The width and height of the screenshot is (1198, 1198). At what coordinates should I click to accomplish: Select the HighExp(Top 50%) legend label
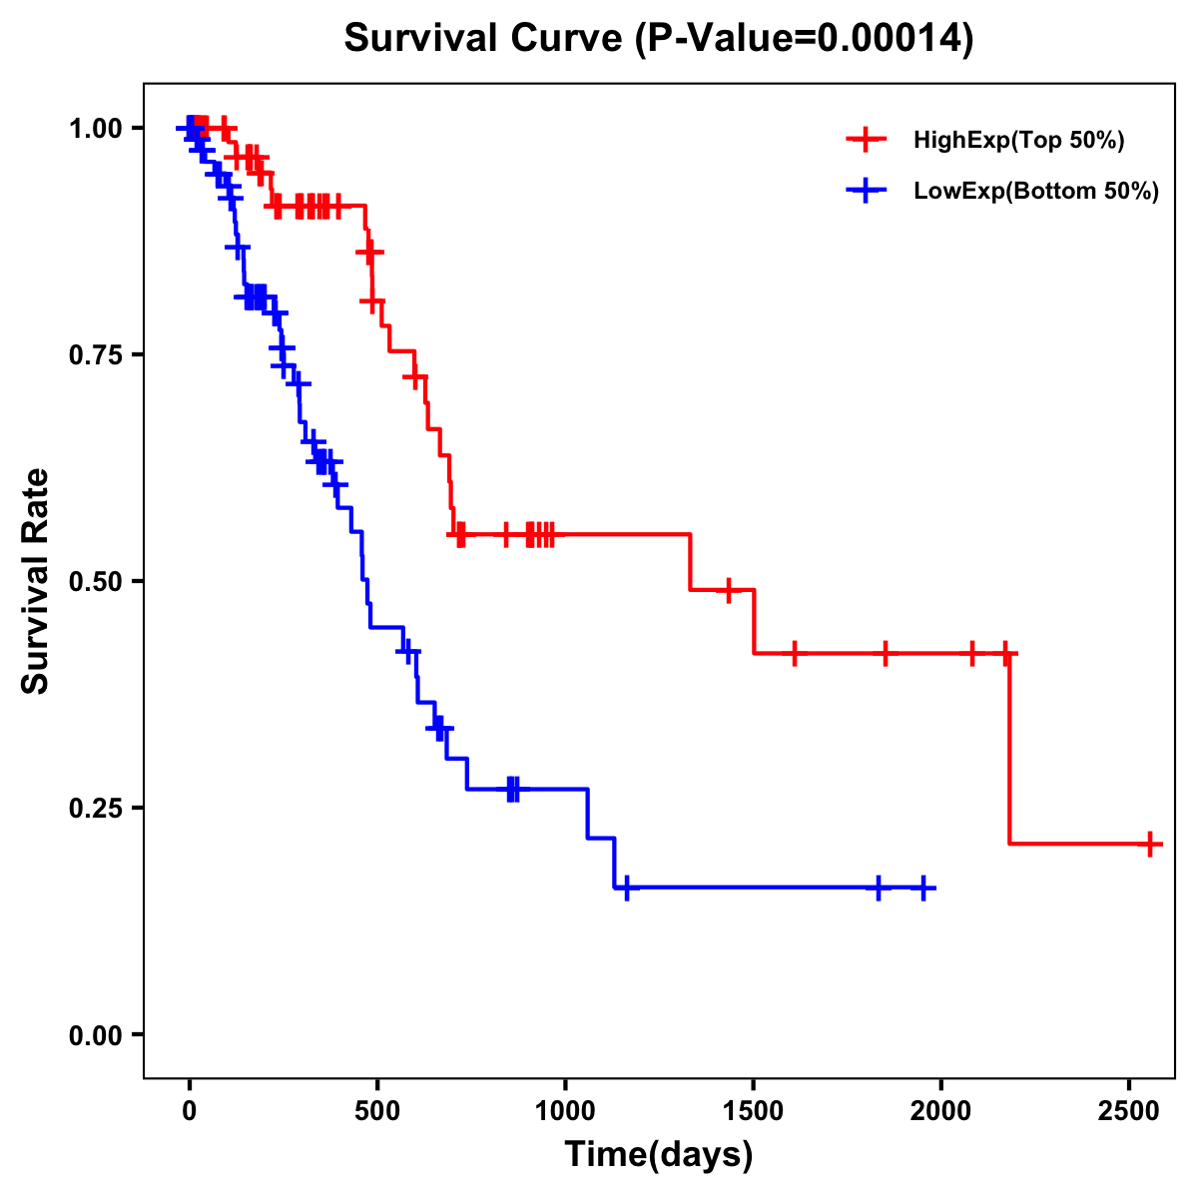tap(1018, 141)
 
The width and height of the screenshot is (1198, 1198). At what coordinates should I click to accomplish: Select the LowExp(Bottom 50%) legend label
tap(1036, 192)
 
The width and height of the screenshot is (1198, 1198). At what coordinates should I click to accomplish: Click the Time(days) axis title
tap(659, 1155)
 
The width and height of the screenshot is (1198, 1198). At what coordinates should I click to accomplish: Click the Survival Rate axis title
tap(36, 581)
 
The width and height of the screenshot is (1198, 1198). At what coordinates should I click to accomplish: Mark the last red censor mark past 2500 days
tap(1150, 844)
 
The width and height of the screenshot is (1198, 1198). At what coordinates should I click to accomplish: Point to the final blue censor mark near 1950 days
tap(923, 888)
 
